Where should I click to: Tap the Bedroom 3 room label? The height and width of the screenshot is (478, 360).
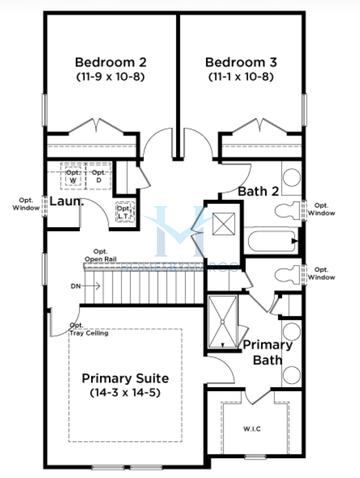point(240,59)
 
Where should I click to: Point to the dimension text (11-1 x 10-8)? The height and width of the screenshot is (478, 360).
point(240,76)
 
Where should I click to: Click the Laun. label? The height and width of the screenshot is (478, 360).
point(66,202)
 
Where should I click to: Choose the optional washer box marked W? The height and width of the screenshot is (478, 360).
point(73,175)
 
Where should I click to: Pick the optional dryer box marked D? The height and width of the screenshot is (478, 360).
point(98,175)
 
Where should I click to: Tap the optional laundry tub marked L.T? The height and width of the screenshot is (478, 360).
point(124,212)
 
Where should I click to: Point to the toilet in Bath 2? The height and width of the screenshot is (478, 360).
point(291,211)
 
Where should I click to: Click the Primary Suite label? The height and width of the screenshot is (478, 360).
point(126,380)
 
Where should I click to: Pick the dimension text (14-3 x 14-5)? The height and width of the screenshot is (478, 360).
point(126,397)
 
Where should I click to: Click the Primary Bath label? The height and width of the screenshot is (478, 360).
point(268,352)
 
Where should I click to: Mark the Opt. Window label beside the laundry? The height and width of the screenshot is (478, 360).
point(25,204)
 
